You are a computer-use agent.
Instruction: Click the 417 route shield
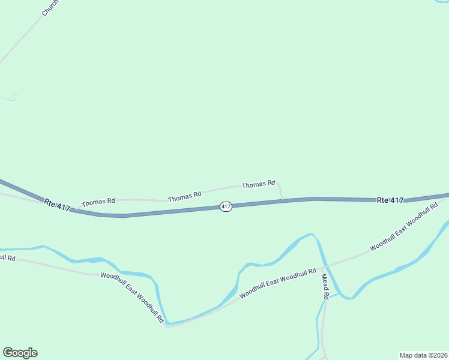pos(226,206)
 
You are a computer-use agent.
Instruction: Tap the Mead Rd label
pos(325,287)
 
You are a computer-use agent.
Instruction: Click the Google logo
pos(20,353)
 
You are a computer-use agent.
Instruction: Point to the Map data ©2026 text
pos(423,355)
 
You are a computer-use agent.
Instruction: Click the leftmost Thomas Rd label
pos(98,202)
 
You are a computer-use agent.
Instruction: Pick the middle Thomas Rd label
pos(184,196)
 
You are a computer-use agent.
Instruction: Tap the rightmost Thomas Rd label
pos(258,185)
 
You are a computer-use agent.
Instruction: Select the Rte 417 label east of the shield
pos(390,200)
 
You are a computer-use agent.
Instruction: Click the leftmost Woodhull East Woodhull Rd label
pos(132,298)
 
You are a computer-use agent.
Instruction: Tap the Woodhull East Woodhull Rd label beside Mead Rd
pos(277,284)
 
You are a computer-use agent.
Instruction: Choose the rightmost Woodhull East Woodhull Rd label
pos(404,227)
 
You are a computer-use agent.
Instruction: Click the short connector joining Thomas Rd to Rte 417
pos(281,192)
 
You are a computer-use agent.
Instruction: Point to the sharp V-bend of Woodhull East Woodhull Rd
pos(167,326)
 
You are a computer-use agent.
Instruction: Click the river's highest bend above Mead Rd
pos(310,234)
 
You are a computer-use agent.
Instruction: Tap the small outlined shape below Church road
pos(12,97)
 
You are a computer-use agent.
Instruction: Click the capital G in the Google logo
pos(8,353)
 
